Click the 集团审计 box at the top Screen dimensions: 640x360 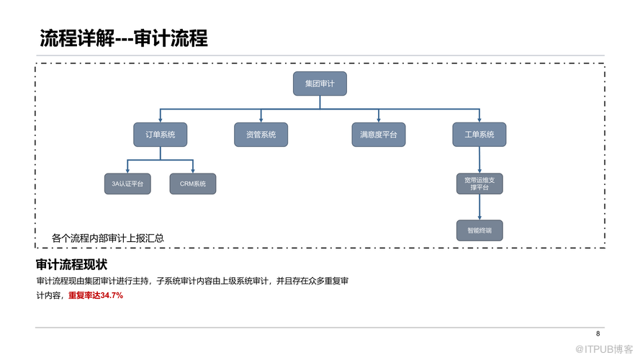(320, 84)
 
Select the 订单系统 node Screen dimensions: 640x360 (161, 135)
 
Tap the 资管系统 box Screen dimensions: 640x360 (261, 135)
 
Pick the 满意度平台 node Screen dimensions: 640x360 (379, 135)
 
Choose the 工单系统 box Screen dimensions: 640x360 (479, 135)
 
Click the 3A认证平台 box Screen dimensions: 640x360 (127, 184)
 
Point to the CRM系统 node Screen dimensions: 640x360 (193, 184)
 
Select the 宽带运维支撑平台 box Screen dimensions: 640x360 (479, 184)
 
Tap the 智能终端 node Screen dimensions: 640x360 (479, 230)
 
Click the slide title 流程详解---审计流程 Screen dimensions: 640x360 (124, 38)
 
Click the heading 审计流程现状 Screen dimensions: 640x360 (71, 264)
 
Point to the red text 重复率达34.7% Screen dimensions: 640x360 (96, 295)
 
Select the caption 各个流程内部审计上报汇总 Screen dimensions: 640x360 (108, 238)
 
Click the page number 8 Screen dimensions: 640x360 (598, 334)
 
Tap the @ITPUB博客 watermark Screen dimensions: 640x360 (604, 349)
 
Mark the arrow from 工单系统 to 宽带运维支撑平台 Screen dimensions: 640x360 (479, 160)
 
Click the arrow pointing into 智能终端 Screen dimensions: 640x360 (479, 207)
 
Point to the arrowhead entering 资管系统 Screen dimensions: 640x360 (261, 120)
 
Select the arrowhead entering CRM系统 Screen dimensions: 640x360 (193, 171)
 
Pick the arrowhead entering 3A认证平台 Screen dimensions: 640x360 (127, 171)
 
